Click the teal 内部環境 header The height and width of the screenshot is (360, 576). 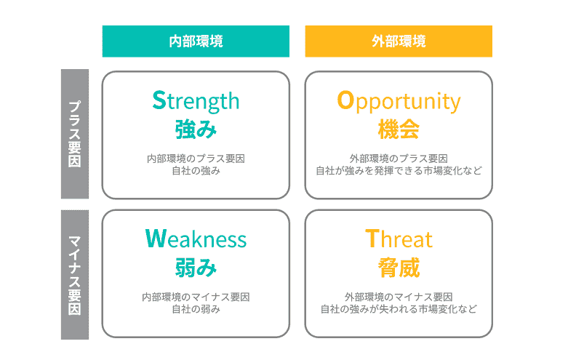pyautogui.click(x=196, y=41)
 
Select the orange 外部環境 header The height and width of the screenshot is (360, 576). pyautogui.click(x=399, y=41)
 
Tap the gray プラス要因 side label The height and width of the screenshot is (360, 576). pyautogui.click(x=74, y=135)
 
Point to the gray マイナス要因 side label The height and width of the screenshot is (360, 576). pyautogui.click(x=74, y=274)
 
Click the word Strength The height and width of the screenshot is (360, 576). pyautogui.click(x=196, y=100)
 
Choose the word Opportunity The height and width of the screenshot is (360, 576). pyautogui.click(x=399, y=100)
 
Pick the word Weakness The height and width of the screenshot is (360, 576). pyautogui.click(x=196, y=239)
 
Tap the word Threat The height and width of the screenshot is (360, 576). pyautogui.click(x=399, y=239)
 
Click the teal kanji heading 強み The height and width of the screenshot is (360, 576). pyautogui.click(x=196, y=129)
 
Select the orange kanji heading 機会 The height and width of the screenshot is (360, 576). pyautogui.click(x=399, y=129)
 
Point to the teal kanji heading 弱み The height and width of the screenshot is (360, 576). pyautogui.click(x=196, y=268)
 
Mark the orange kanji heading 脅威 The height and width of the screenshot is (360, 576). pyautogui.click(x=399, y=268)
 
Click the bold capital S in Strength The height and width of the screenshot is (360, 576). pyautogui.click(x=159, y=100)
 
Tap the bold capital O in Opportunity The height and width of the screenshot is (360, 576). pyautogui.click(x=345, y=100)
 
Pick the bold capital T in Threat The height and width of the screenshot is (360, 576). pyautogui.click(x=371, y=239)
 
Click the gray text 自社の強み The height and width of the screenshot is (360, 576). pyautogui.click(x=196, y=171)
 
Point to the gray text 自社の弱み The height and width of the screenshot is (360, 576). pyautogui.click(x=196, y=309)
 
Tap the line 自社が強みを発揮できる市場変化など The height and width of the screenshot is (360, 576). pyautogui.click(x=399, y=171)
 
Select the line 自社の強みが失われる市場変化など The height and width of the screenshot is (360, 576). pyautogui.click(x=399, y=309)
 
